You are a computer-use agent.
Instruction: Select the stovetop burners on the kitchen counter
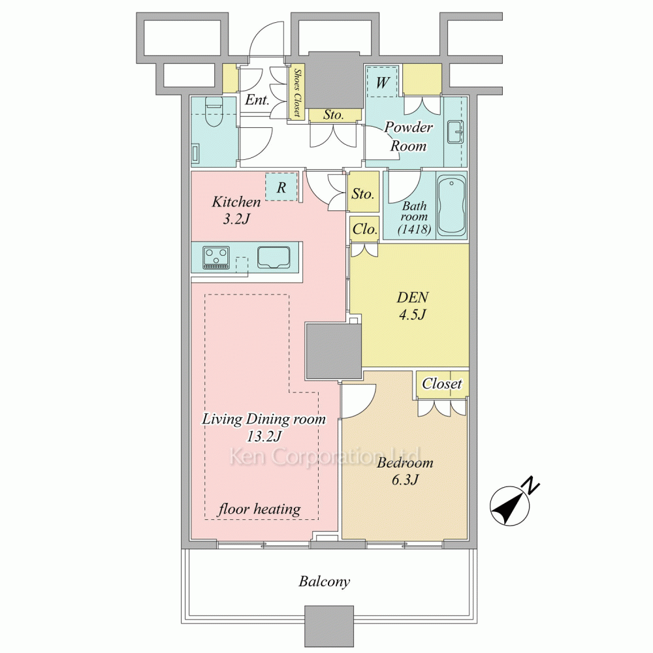(x=216, y=258)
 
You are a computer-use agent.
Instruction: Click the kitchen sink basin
(x=274, y=257)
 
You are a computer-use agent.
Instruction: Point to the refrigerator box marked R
(x=281, y=187)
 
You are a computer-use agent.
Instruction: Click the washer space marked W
(x=382, y=82)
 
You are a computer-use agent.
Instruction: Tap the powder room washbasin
(x=454, y=132)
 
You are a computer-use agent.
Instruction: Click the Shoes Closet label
(x=297, y=93)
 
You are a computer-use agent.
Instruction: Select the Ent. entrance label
(x=257, y=99)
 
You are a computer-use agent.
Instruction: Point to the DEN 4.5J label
(x=412, y=306)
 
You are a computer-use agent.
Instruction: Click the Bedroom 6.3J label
(x=405, y=471)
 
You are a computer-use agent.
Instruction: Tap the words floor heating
(x=259, y=509)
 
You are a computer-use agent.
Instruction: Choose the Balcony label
(x=325, y=581)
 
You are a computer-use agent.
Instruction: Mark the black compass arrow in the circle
(x=507, y=507)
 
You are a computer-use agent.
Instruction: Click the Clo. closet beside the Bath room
(x=364, y=229)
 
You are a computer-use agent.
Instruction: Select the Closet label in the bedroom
(x=442, y=383)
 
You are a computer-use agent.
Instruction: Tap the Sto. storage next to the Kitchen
(x=363, y=193)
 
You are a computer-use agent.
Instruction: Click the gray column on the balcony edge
(x=329, y=625)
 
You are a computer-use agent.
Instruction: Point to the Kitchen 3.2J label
(x=236, y=210)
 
